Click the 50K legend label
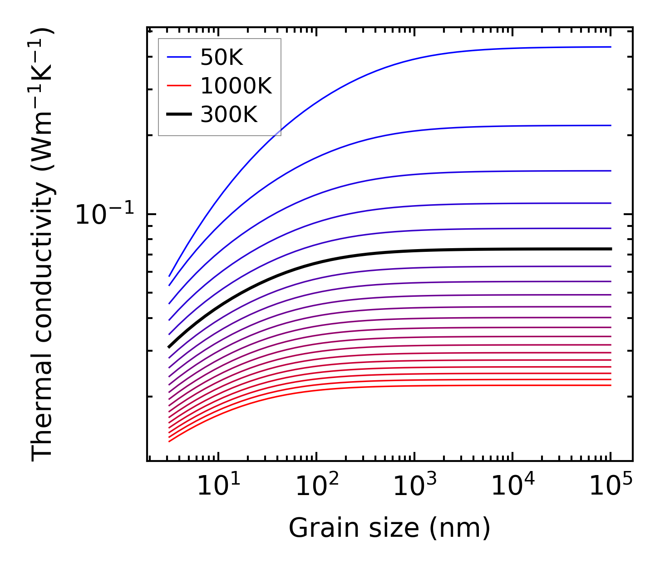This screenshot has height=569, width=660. pos(222,58)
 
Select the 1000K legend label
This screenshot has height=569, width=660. pos(236,86)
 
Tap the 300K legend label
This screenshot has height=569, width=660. pos(229,115)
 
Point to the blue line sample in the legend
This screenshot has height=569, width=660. pos(180,58)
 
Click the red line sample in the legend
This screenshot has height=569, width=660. pos(180,86)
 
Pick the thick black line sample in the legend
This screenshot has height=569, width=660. pos(180,115)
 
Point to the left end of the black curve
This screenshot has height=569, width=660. pos(169,347)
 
